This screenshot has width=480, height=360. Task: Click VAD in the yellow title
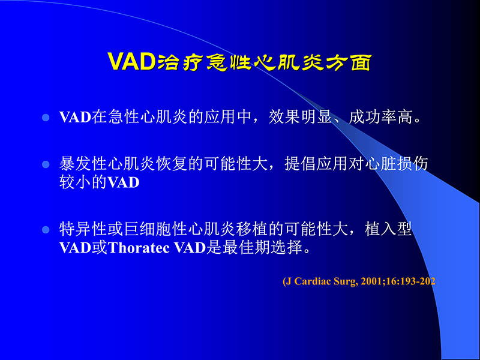(131, 62)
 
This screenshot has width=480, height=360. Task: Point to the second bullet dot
(44, 164)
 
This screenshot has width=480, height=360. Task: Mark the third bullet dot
(44, 230)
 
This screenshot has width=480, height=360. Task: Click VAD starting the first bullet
(74, 116)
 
